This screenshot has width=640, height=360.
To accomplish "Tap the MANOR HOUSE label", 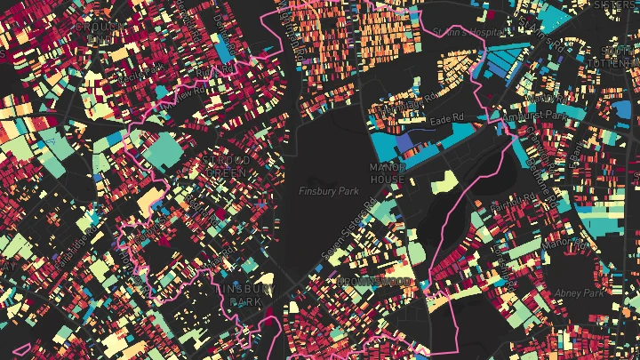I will click(x=388, y=172).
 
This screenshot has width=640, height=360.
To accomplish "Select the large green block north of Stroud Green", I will click(x=161, y=151).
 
